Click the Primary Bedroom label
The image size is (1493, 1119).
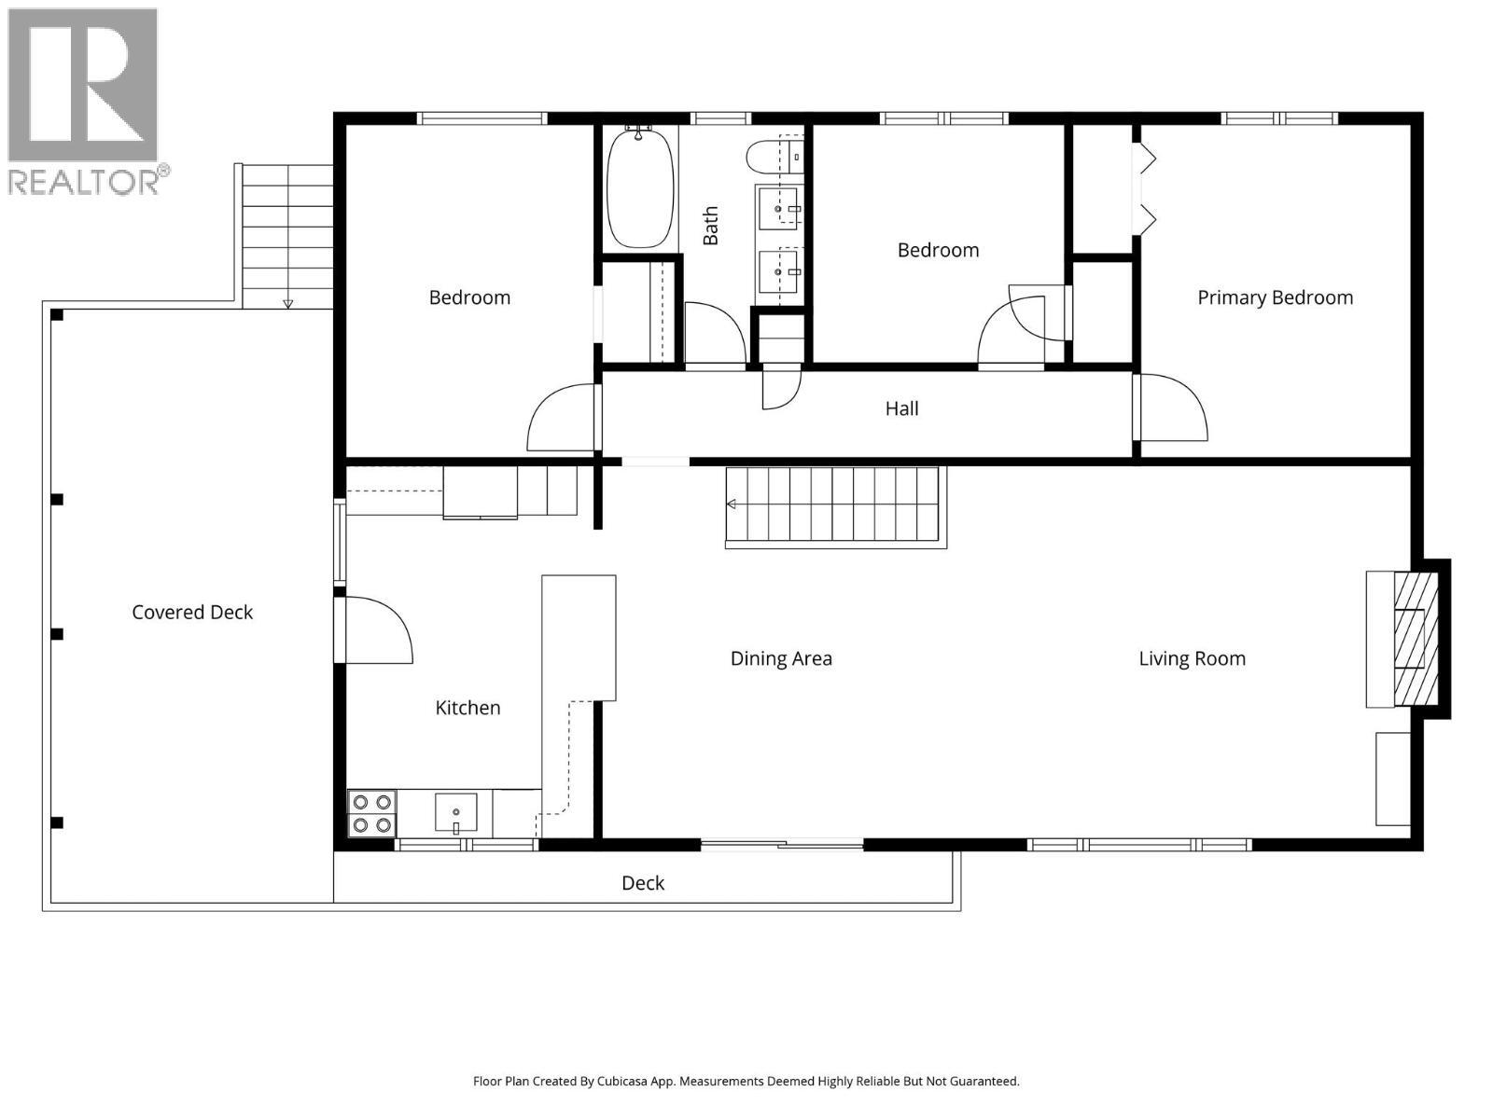(x=1275, y=297)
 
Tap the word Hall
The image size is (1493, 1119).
(x=901, y=408)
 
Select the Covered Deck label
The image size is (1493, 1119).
(x=192, y=612)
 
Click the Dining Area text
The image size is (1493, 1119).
(x=781, y=658)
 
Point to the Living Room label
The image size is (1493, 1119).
(x=1192, y=658)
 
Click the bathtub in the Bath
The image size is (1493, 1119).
(x=640, y=187)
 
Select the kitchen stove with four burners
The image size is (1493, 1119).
(x=371, y=813)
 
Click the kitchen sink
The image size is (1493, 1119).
(x=456, y=812)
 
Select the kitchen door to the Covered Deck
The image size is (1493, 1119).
(x=375, y=630)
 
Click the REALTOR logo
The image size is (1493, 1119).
(x=87, y=100)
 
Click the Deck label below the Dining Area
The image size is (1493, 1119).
(x=643, y=883)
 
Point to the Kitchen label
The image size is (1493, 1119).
(x=467, y=708)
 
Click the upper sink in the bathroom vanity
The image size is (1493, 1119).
(x=778, y=208)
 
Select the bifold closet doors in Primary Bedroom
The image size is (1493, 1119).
(x=1145, y=189)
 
